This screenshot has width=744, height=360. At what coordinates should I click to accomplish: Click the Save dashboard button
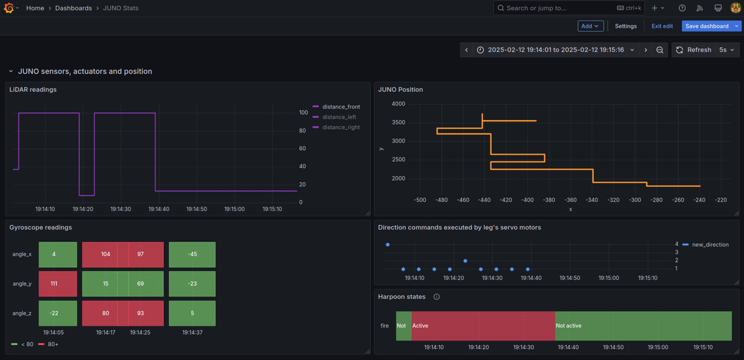[x=706, y=26]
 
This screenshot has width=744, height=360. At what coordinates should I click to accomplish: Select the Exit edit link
[x=662, y=26]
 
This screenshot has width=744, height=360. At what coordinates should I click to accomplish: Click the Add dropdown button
[x=590, y=26]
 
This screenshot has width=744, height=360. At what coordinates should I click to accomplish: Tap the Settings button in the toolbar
[x=625, y=26]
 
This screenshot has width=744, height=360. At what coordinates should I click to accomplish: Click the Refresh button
[x=693, y=50]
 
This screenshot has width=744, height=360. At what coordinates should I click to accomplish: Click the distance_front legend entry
[x=341, y=107]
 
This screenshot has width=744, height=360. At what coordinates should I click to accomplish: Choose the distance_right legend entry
[x=341, y=127]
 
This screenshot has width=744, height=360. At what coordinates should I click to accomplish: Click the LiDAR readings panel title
[x=33, y=90]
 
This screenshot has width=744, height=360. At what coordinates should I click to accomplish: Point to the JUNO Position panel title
[x=400, y=90]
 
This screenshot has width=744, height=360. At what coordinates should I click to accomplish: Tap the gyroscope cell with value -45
[x=192, y=254]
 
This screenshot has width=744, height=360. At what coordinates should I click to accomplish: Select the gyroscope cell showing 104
[x=105, y=254]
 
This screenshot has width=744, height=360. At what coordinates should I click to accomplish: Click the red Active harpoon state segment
[x=482, y=326]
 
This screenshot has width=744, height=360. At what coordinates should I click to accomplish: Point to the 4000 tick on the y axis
[x=398, y=104]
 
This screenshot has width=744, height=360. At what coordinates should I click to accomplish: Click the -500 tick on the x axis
[x=420, y=200]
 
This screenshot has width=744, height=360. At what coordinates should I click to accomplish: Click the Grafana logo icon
[x=9, y=8]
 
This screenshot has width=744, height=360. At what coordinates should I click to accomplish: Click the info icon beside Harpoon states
[x=437, y=297]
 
